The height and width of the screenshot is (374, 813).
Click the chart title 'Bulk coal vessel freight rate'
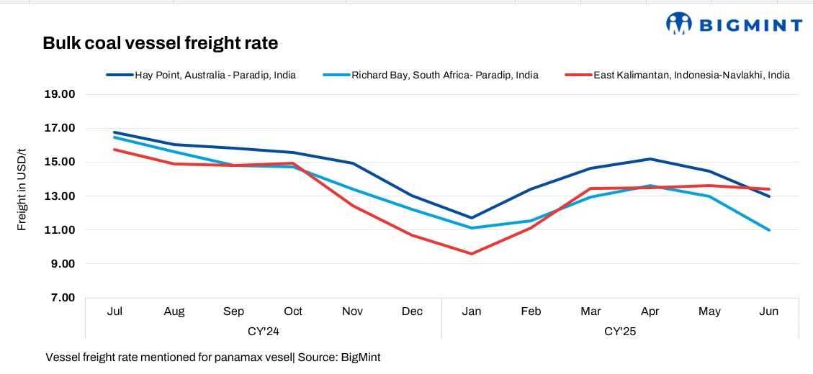pyautogui.click(x=160, y=43)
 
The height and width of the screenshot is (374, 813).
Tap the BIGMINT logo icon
pyautogui.click(x=679, y=24)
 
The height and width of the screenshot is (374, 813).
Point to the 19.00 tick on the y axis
pyautogui.click(x=61, y=94)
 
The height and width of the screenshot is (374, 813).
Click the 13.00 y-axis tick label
pyautogui.click(x=61, y=196)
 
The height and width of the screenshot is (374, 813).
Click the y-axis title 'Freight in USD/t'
pyautogui.click(x=22, y=188)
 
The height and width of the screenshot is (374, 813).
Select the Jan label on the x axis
pyautogui.click(x=472, y=311)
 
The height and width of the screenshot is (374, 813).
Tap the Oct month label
pyautogui.click(x=293, y=311)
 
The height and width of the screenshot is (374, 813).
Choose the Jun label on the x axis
pyautogui.click(x=769, y=311)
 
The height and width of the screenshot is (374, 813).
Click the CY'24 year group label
pyautogui.click(x=263, y=332)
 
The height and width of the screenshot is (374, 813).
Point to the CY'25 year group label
pyautogui.click(x=620, y=332)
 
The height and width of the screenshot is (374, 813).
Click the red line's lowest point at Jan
pyautogui.click(x=472, y=254)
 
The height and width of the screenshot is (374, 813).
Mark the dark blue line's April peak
pyautogui.click(x=650, y=159)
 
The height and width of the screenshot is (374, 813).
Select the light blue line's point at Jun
pyautogui.click(x=769, y=230)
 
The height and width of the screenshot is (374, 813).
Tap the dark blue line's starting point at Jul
pyautogui.click(x=114, y=132)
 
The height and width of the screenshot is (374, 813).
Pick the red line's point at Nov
pyautogui.click(x=353, y=206)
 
